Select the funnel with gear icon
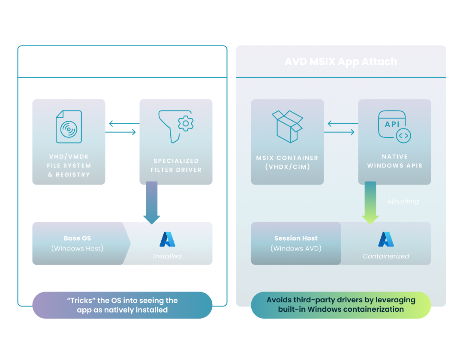pos(176,126)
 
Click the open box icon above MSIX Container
pos(287,126)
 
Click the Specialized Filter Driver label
pos(176,165)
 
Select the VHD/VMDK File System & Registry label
pos(69,165)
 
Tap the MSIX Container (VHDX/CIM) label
pos(287,162)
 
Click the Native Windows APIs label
pos(394,161)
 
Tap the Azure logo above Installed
pos(167,239)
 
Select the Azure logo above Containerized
pos(386,239)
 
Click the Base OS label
pos(77,239)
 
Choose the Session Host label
pos(296,239)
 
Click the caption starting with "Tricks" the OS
pos(122,305)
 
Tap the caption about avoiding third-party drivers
pos(341,304)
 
